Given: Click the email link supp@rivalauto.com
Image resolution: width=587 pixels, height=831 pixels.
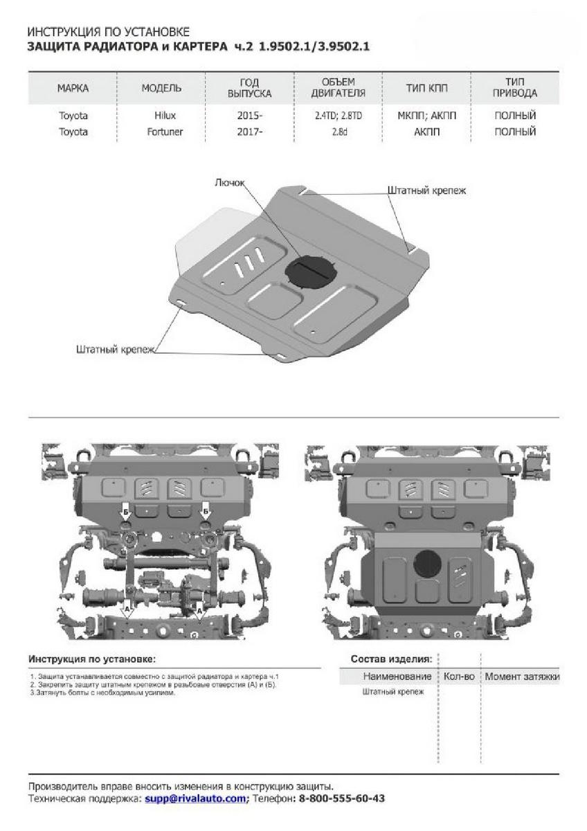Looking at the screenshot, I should click(x=195, y=798).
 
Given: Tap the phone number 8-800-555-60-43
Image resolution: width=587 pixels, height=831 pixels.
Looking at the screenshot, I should click(x=341, y=798).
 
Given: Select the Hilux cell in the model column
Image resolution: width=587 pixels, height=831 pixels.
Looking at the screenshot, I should click(x=162, y=116).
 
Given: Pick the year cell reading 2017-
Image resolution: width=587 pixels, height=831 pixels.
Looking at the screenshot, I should click(x=250, y=132).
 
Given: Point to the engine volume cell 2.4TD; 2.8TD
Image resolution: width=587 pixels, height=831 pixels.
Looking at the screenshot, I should click(x=338, y=116).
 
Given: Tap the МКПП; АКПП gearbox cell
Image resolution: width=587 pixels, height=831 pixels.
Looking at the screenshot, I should click(x=426, y=116).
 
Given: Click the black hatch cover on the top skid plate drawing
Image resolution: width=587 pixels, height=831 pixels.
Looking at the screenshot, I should click(x=309, y=271).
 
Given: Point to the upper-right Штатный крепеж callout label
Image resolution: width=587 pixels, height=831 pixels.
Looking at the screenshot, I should click(x=427, y=189).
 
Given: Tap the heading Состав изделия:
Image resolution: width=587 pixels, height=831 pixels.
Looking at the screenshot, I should click(x=391, y=659).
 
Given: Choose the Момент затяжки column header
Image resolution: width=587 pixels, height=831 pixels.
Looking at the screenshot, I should click(x=522, y=677).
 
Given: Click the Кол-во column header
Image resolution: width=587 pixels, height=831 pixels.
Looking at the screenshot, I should click(x=459, y=677).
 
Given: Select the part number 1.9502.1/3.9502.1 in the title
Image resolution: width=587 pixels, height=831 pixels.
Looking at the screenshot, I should click(x=316, y=46).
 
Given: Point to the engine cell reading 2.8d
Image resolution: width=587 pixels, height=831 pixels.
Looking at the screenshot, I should click(x=338, y=132).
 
